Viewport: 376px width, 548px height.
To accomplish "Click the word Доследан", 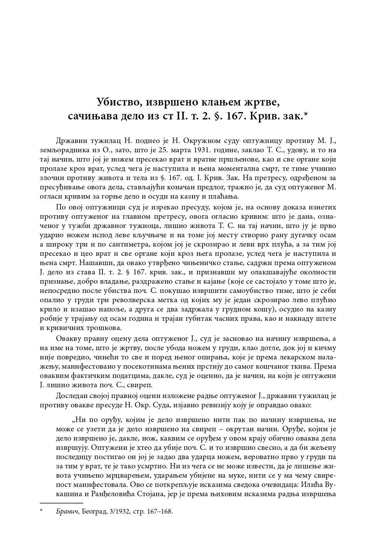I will click(x=71, y=395).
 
